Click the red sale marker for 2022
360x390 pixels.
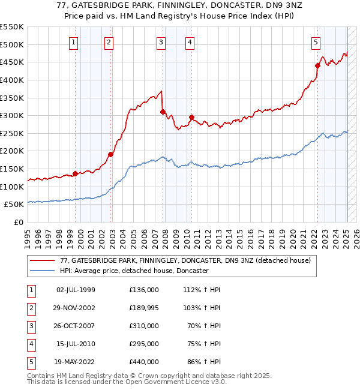pyautogui.click(x=318, y=65)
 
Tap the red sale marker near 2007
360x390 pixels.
pyautogui.click(x=163, y=112)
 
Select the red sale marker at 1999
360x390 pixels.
pyautogui.click(x=75, y=173)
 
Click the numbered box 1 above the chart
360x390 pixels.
pyautogui.click(x=73, y=42)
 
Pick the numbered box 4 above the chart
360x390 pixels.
pyautogui.click(x=189, y=42)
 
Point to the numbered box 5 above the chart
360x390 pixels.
pyautogui.click(x=316, y=42)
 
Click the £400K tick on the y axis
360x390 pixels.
pyautogui.click(x=13, y=80)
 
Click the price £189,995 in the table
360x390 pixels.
pyautogui.click(x=144, y=308)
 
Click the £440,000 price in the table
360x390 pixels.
pyautogui.click(x=144, y=362)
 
